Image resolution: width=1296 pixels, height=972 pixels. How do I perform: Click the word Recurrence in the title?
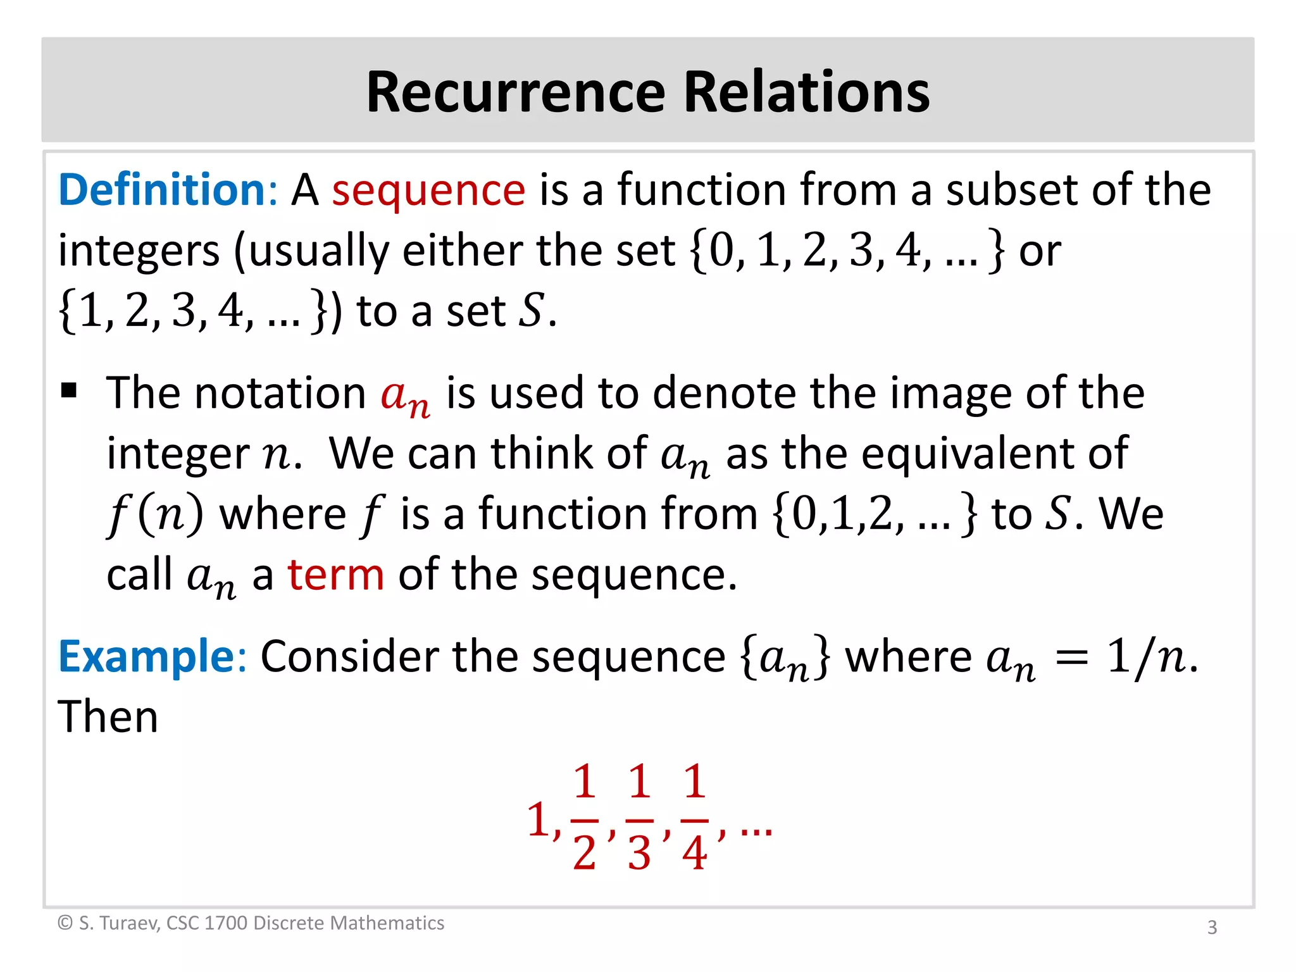pos(516,92)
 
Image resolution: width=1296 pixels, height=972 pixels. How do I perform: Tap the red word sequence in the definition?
pos(428,190)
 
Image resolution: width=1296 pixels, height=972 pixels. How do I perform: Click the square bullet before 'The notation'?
pos(69,390)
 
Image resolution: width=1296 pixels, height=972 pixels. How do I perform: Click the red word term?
pos(336,575)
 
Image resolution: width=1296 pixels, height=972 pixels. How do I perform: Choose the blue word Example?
pos(147,656)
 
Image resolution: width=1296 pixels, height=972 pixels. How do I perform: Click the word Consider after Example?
pos(349,656)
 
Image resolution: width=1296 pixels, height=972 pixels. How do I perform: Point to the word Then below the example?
pos(108,717)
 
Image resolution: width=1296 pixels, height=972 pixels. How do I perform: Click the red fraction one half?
pos(584,817)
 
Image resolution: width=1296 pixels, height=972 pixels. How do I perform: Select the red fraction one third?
pos(639,817)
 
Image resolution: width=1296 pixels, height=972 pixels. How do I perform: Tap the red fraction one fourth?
pos(694,817)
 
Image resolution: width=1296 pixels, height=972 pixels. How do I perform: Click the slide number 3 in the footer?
pos(1212,927)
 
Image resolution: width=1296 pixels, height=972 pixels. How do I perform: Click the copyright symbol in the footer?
pos(65,923)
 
